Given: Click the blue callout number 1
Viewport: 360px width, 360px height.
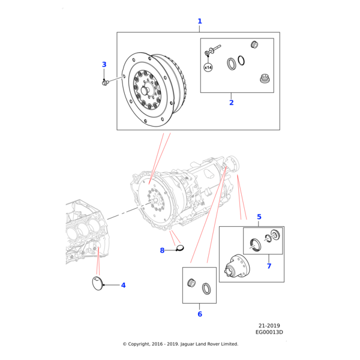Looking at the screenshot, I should (x=200, y=22).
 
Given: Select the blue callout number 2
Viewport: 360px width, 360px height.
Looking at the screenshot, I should (x=231, y=103).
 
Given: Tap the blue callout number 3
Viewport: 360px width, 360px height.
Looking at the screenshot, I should (x=104, y=65).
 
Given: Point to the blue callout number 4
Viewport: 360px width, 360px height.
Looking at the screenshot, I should (x=123, y=285).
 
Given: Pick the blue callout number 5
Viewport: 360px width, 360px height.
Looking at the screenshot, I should (x=259, y=217).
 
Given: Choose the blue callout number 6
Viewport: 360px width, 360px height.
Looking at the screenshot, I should (x=200, y=314).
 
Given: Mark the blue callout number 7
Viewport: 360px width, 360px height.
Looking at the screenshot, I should (x=269, y=266).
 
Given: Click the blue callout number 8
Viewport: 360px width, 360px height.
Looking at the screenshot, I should (x=162, y=250).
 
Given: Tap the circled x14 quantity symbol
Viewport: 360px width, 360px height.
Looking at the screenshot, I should (x=208, y=67).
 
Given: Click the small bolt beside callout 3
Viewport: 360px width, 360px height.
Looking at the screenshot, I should (x=106, y=82).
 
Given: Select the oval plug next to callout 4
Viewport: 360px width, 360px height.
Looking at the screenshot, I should (x=97, y=284).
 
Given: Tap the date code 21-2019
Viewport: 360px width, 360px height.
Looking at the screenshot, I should (x=271, y=325).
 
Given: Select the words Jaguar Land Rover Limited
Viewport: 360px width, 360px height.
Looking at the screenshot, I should (x=208, y=344).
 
